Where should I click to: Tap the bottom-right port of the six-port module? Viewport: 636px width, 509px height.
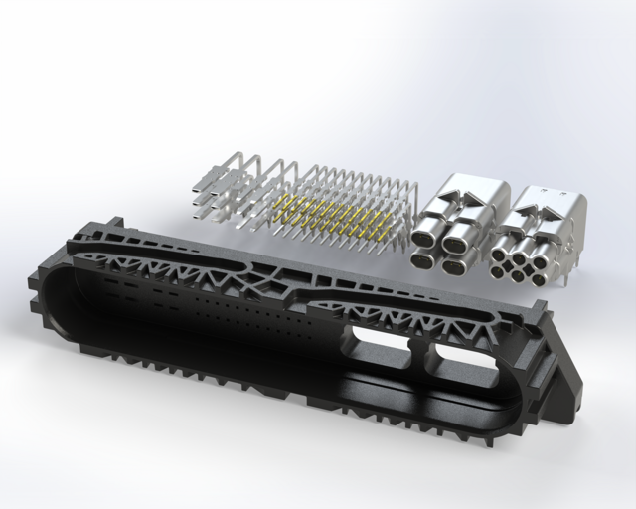pyautogui.click(x=538, y=279)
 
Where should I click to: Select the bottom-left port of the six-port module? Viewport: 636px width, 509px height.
pyautogui.click(x=497, y=272)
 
